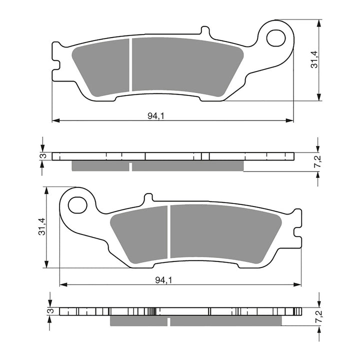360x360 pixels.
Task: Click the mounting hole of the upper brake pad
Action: coord(275,37)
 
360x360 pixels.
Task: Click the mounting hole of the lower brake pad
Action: coord(77,204)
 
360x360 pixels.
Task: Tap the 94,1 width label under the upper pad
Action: coord(156,116)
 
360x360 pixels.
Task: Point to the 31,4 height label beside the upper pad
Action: coord(314,60)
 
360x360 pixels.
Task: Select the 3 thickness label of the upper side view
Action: coord(44,156)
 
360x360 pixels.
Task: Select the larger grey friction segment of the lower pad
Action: coord(225,233)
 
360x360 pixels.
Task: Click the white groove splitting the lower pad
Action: coord(169,232)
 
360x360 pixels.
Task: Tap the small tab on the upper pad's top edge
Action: coord(204,31)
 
